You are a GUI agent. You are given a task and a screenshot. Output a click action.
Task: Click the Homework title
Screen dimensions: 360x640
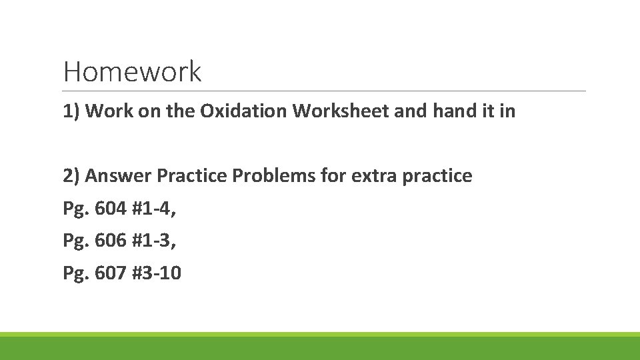(132, 71)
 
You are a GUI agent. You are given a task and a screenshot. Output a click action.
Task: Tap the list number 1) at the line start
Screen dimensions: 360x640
(71, 111)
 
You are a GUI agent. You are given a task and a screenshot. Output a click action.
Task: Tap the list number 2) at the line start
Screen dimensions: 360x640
(71, 176)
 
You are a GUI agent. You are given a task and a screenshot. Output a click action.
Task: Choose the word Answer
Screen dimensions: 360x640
(119, 176)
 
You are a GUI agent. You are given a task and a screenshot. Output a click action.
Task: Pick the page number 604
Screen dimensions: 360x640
(111, 209)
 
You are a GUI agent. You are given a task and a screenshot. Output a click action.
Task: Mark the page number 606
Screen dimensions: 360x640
(111, 241)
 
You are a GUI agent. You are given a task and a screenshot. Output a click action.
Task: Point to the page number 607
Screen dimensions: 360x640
(111, 273)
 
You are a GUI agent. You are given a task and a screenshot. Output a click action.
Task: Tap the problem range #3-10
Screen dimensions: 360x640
(157, 273)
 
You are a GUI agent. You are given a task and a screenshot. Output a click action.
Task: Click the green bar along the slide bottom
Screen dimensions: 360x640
(320, 347)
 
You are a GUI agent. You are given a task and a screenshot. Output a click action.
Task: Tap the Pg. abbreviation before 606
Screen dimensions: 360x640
(76, 241)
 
